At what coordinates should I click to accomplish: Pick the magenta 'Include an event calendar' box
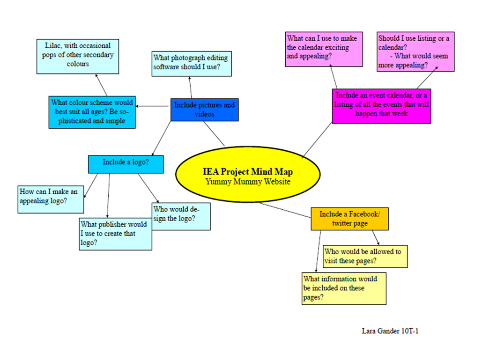[381, 106]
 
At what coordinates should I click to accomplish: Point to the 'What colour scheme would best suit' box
[92, 112]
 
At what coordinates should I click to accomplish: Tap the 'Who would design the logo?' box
[181, 216]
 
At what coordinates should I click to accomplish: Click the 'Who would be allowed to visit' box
[364, 256]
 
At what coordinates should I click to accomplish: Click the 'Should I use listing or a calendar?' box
[415, 51]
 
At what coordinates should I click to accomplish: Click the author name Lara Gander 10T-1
[390, 331]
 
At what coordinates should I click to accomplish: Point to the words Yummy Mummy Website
[248, 182]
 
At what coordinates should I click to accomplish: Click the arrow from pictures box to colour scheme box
[152, 107]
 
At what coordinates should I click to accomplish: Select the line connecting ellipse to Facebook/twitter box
[286, 210]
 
